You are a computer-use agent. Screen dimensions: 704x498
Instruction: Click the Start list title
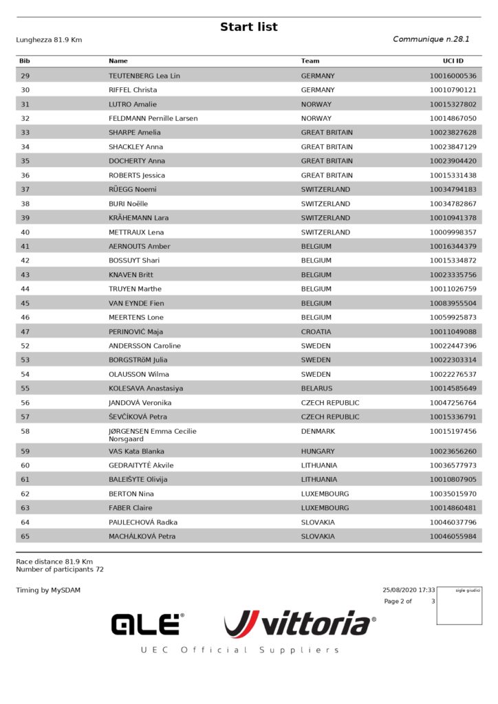pos(249,27)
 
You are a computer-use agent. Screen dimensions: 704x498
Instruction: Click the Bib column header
pos(25,61)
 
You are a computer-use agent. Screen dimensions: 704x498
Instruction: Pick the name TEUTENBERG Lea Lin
pos(144,76)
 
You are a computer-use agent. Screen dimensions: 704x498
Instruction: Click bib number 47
pos(25,331)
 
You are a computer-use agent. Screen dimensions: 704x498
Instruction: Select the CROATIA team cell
pos(316,331)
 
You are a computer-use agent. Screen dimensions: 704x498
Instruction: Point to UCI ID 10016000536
pos(453,76)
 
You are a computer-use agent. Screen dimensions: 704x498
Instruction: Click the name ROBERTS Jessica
pos(137,175)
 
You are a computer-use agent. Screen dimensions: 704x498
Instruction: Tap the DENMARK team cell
pos(318,431)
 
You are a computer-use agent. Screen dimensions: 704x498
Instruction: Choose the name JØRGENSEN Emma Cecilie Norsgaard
pos(152,434)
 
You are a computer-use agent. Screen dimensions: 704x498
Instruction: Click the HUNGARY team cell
pos(318,452)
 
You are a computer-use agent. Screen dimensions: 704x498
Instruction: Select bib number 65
pos(25,536)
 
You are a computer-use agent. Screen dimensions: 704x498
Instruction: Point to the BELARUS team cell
pos(317,388)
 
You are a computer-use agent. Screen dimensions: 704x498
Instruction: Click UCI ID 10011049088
pos(453,331)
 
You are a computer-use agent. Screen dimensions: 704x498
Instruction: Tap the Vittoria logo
pos(300,624)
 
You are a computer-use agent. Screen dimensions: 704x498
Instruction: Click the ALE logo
pos(147,624)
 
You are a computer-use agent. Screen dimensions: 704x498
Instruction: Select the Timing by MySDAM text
pos(48,590)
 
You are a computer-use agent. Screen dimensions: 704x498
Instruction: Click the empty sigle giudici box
pos(459,608)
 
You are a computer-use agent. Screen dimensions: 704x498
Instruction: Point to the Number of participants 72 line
pos(60,569)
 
